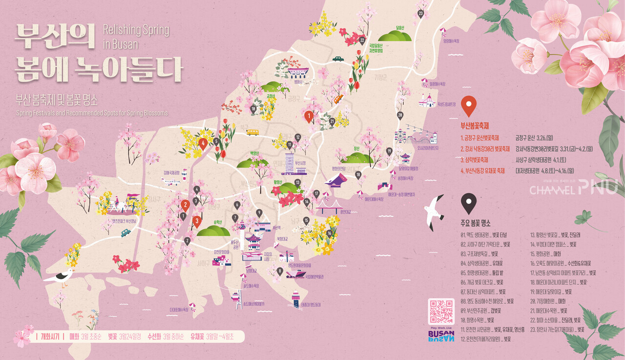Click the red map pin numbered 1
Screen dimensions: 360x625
pyautogui.click(x=309, y=116)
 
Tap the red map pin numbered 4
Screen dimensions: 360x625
pyautogui.click(x=203, y=143)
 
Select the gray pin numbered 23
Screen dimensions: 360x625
pyautogui.click(x=420, y=14)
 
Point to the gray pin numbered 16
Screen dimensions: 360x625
pyautogui.click(x=330, y=233)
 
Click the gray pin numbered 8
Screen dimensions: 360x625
pyautogui.click(x=280, y=271)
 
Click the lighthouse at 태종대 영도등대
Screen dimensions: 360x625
pyautogui.click(x=296, y=298)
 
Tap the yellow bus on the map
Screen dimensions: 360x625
pyautogui.click(x=252, y=132)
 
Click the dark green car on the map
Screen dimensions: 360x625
pyautogui.click(x=338, y=59)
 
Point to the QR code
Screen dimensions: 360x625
pyautogui.click(x=441, y=311)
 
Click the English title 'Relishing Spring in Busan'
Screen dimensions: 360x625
pyautogui.click(x=136, y=37)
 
